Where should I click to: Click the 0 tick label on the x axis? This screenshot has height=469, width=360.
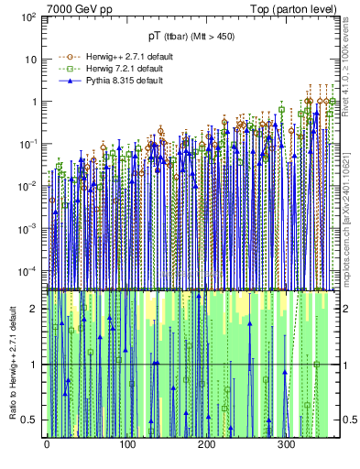[x=46, y=447]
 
